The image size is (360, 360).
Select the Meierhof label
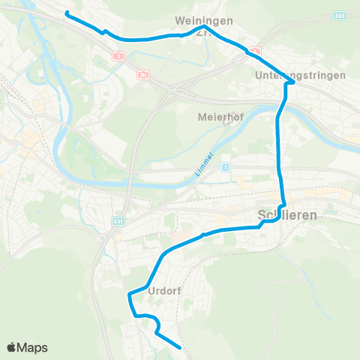pos(217,117)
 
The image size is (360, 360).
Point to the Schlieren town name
pos(288,214)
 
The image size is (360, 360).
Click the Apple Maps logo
pos(27,347)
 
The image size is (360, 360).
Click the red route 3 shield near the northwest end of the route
pos(118,55)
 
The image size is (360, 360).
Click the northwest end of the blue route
pos(67,13)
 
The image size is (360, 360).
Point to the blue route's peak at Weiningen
pos(204,28)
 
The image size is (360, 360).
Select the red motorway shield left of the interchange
pos(142,74)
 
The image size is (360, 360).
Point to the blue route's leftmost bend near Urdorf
pos(130,294)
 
